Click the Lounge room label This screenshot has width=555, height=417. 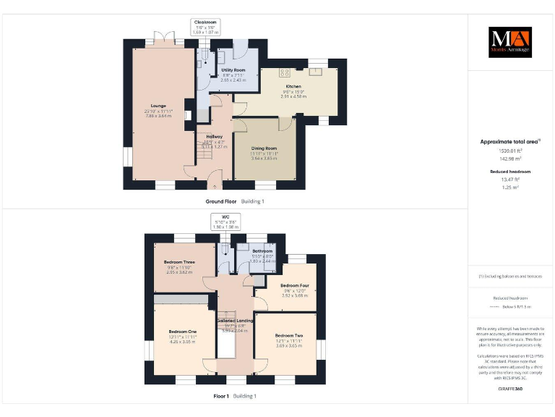[x=157, y=106]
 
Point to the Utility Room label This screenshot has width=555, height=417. [x=233, y=69]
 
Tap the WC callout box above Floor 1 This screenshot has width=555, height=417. [x=225, y=222]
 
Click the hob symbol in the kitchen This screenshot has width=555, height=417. [x=284, y=72]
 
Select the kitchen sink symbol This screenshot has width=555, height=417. [x=317, y=72]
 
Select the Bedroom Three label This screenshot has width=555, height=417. [x=179, y=262]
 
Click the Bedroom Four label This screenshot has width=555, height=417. [x=295, y=285]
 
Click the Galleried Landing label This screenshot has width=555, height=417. [x=236, y=320]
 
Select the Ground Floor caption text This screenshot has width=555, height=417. [x=221, y=201]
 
